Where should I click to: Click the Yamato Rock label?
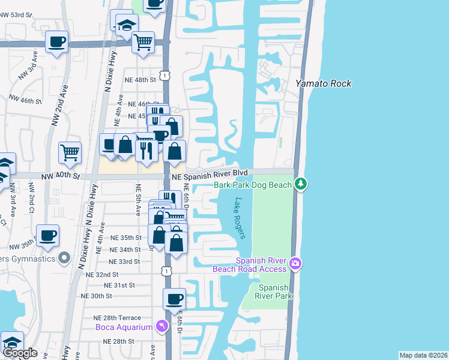tap(324, 83)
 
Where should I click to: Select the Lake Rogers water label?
tap(241, 218)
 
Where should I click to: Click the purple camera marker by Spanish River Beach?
tap(295, 263)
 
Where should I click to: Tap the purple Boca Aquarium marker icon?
tap(161, 326)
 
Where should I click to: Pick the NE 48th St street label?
tap(140, 79)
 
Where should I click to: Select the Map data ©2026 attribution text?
tap(423, 355)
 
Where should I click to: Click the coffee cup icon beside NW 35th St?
tap(48, 235)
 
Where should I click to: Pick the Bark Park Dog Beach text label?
tap(253, 185)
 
